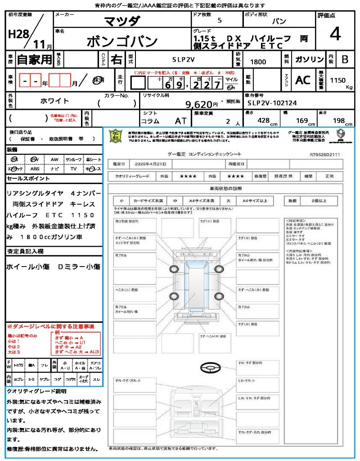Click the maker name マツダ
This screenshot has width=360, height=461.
tap(122, 21)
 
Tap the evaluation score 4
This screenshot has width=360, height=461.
tap(334, 34)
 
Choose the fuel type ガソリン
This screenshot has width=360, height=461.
tap(308, 59)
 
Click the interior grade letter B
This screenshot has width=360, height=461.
tap(345, 59)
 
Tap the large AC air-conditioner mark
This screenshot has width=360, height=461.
tap(303, 80)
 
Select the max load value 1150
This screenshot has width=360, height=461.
tap(338, 80)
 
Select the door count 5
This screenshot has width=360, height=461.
tap(219, 21)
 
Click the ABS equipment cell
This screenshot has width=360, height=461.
tap(35, 169)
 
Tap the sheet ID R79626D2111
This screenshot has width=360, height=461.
tap(324, 154)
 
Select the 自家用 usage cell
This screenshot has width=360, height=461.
tap(35, 59)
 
